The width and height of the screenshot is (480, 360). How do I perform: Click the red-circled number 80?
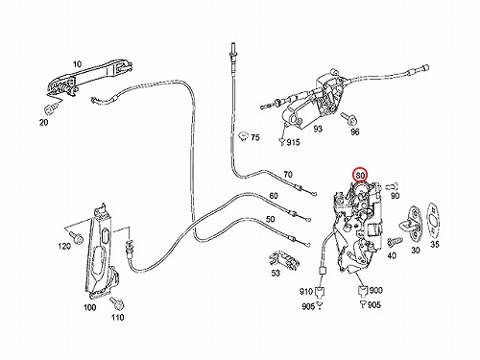[x=360, y=175]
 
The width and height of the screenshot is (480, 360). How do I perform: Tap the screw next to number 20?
[x=50, y=109]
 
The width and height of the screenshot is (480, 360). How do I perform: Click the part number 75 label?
[x=255, y=137]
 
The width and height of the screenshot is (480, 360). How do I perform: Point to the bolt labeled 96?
[x=350, y=119]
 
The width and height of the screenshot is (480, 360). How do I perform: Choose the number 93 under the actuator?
[x=318, y=129]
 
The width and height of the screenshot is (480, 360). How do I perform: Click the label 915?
[x=293, y=142]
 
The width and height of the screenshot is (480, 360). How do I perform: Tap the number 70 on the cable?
[x=288, y=175]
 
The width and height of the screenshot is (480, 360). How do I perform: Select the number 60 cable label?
[x=274, y=195]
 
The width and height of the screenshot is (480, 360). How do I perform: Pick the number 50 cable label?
[x=271, y=219]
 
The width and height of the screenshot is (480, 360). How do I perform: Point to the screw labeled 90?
[x=392, y=185]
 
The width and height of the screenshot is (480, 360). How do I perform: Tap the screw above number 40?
[x=394, y=242]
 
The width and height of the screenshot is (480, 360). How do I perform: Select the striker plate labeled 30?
[x=412, y=224]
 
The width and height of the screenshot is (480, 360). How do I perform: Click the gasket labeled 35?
[x=434, y=219]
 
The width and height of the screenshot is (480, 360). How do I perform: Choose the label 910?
[x=306, y=292]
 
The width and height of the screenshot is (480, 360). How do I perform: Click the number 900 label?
[x=376, y=290]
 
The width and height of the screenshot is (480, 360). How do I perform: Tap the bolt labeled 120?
[x=76, y=237]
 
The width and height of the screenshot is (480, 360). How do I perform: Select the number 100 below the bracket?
[x=89, y=307]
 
